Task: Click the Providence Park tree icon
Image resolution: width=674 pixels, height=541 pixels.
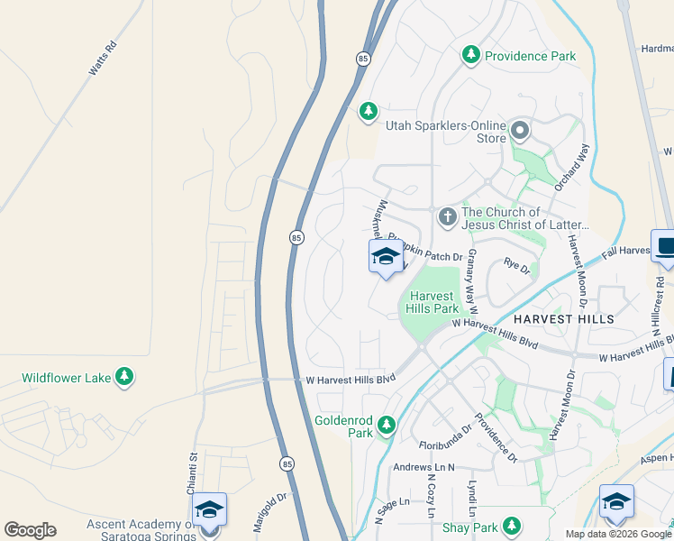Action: [470, 56]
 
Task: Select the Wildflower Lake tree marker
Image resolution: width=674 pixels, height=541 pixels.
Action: [124, 377]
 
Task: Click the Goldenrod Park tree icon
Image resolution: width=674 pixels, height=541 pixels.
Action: [387, 424]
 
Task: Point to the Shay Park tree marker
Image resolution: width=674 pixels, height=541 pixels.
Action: [512, 525]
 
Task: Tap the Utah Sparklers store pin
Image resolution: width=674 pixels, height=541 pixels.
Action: [520, 132]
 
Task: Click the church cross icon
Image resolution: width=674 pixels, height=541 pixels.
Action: [447, 216]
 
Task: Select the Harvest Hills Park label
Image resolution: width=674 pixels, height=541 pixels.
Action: [435, 302]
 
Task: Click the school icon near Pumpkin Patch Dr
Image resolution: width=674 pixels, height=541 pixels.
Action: [386, 257]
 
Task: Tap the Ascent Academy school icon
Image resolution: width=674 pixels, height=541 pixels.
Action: [209, 511]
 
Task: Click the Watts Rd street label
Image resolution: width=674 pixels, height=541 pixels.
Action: [103, 59]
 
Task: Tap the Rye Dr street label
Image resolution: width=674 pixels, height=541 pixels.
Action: [516, 265]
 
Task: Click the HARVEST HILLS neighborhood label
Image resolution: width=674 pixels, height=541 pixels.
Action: [564, 319]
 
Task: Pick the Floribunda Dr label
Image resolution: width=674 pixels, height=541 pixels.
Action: [445, 438]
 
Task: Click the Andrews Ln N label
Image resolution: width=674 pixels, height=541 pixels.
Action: [424, 467]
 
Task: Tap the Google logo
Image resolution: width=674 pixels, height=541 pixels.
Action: [30, 530]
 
